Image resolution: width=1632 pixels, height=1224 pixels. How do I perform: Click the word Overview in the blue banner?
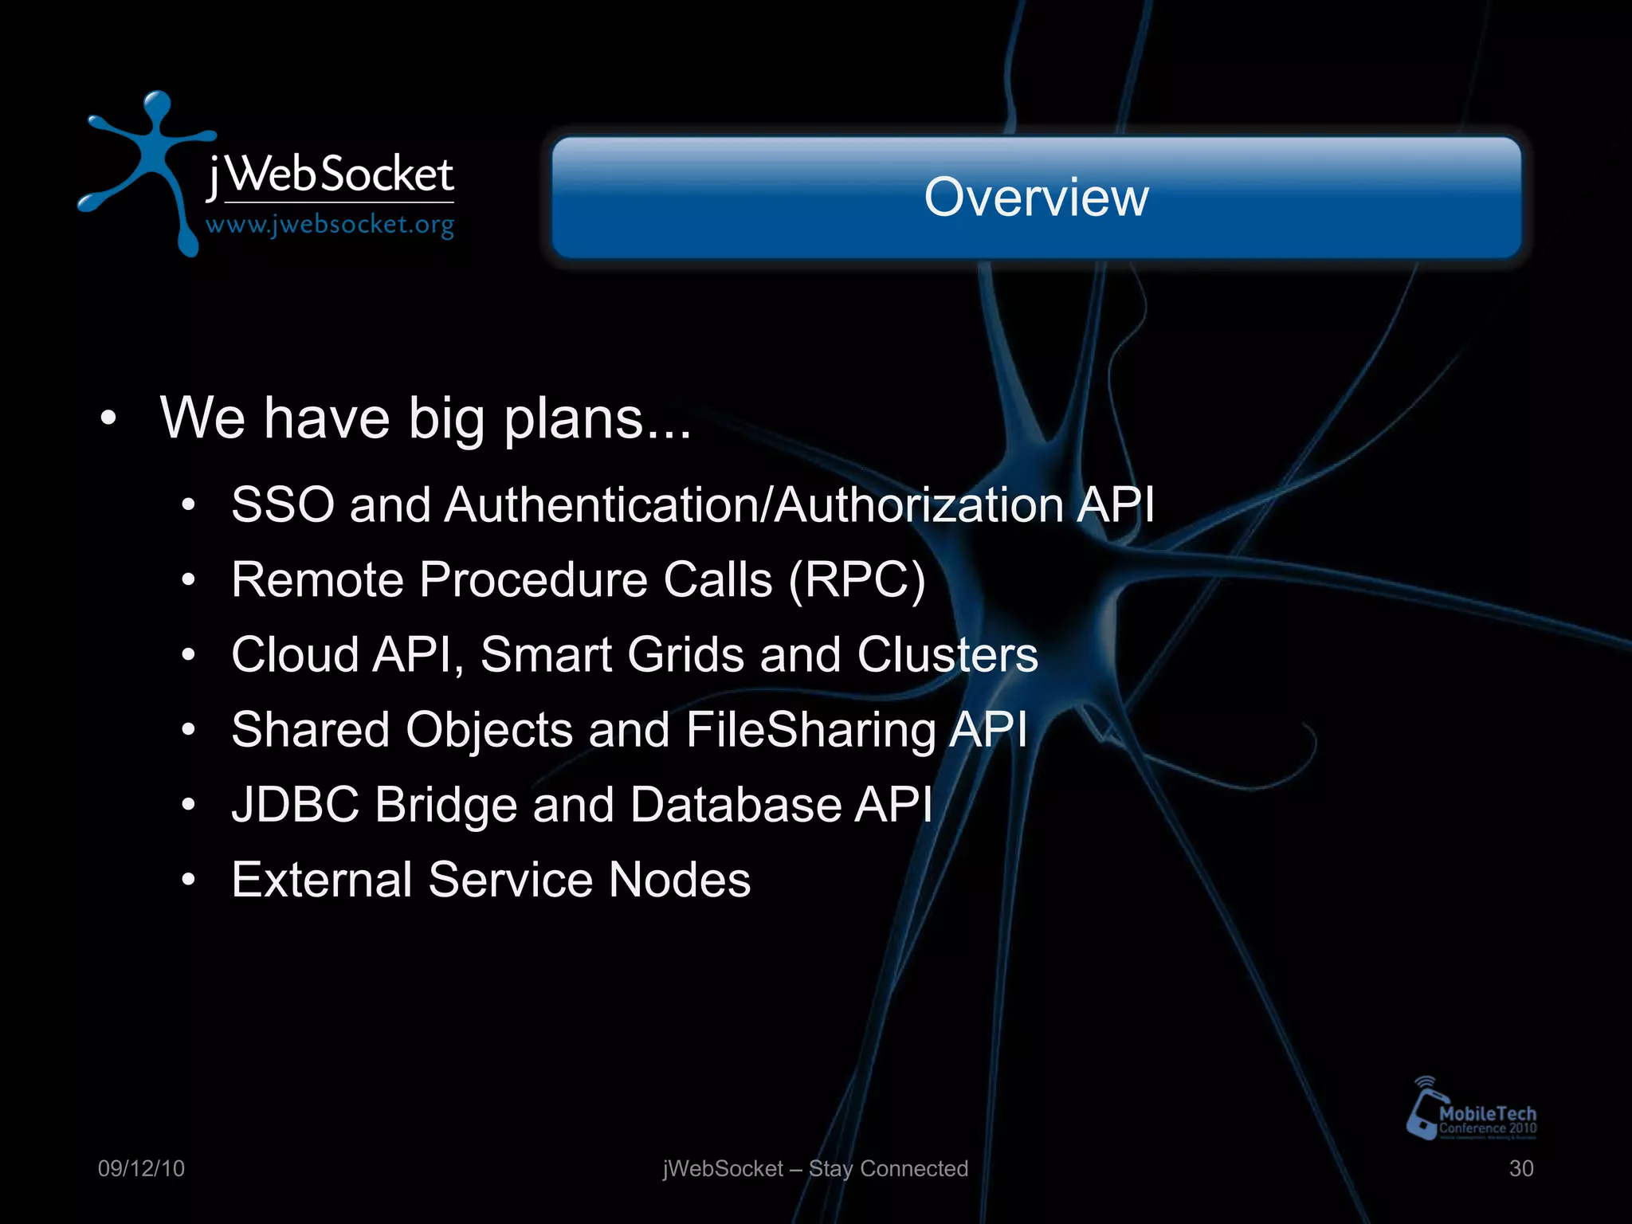pyautogui.click(x=1036, y=197)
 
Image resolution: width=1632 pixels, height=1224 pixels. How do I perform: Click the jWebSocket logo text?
pyautogui.click(x=330, y=175)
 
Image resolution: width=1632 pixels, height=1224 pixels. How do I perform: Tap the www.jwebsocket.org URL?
pyautogui.click(x=330, y=226)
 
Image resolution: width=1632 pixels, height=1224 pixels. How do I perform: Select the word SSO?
pyautogui.click(x=282, y=505)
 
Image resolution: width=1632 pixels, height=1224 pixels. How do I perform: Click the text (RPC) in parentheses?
pyautogui.click(x=857, y=579)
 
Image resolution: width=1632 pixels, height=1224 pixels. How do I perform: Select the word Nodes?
pyautogui.click(x=679, y=880)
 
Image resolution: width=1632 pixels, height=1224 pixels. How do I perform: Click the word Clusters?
pyautogui.click(x=947, y=655)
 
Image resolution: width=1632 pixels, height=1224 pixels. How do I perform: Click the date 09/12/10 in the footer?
pyautogui.click(x=141, y=1169)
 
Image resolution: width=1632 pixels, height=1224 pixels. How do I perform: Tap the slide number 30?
pyautogui.click(x=1520, y=1169)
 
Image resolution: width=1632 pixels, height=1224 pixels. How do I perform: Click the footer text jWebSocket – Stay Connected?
pyautogui.click(x=815, y=1169)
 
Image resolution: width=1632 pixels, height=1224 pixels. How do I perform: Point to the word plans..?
pyautogui.click(x=574, y=418)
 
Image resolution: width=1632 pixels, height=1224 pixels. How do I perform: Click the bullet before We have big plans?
pyautogui.click(x=109, y=418)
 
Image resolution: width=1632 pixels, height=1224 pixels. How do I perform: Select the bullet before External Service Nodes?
pyautogui.click(x=188, y=880)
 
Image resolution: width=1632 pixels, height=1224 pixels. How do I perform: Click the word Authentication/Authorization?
pyautogui.click(x=753, y=505)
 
